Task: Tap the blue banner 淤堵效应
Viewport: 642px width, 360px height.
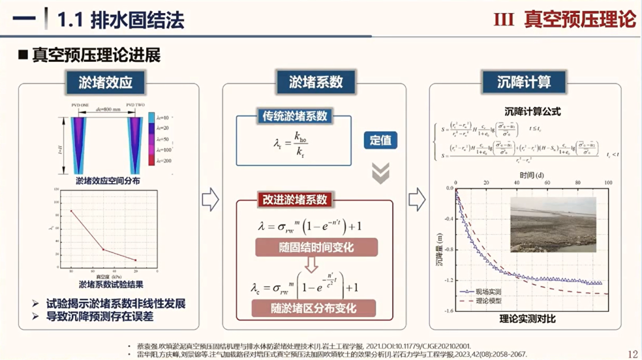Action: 106,83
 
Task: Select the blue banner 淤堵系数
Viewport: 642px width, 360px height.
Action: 315,83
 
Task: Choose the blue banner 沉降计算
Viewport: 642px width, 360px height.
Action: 524,83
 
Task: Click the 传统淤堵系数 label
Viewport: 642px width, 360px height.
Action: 295,116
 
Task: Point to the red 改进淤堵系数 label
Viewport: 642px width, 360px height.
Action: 295,200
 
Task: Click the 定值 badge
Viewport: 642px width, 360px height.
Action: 380,141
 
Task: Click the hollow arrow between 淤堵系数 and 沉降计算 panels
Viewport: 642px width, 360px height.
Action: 417,200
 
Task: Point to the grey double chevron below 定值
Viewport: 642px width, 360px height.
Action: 380,172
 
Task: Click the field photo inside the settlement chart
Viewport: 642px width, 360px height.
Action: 553,225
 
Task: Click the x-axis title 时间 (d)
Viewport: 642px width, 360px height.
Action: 530,175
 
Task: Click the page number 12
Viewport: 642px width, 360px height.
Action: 632,353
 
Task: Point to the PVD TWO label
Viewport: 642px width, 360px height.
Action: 135,105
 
